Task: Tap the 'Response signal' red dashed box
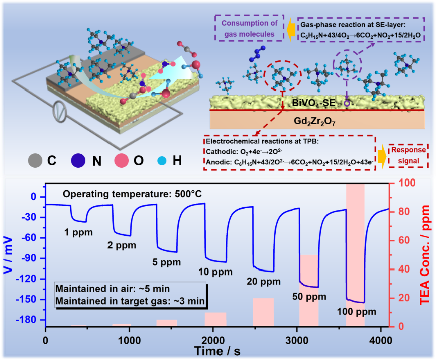(x=408, y=157)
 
